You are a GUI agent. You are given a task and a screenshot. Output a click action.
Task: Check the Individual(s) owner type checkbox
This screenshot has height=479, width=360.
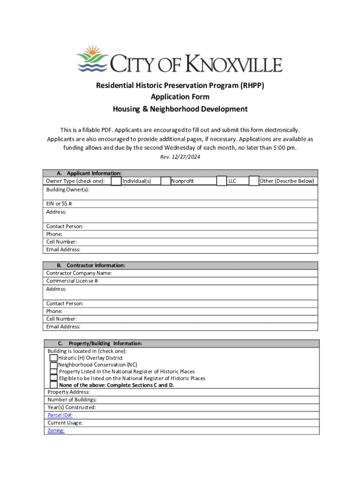[116, 181]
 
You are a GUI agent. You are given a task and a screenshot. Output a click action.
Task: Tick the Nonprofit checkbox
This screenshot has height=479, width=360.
[166, 181]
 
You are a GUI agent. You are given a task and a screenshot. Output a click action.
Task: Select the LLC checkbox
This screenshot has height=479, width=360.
[222, 181]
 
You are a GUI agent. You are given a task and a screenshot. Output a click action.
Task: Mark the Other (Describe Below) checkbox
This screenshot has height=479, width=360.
[254, 181]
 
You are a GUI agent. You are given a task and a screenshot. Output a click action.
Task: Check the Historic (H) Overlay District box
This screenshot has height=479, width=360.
[54, 358]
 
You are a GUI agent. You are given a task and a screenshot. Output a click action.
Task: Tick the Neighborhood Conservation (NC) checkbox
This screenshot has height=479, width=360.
[54, 365]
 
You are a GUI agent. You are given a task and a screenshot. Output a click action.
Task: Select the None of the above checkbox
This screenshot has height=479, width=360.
[54, 385]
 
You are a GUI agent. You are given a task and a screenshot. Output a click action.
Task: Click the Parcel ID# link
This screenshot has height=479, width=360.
[60, 415]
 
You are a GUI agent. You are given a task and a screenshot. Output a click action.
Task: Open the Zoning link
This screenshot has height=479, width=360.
[56, 430]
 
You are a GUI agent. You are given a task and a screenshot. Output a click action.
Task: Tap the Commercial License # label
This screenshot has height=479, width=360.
[72, 281]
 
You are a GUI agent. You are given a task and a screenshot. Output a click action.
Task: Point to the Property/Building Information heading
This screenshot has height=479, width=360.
[105, 343]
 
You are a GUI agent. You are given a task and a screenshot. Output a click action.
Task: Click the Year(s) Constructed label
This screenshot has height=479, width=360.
[72, 407]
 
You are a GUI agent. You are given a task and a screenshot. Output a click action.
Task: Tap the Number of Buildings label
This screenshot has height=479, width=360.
[72, 400]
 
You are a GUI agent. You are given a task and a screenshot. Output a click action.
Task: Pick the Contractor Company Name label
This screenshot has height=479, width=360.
[79, 273]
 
